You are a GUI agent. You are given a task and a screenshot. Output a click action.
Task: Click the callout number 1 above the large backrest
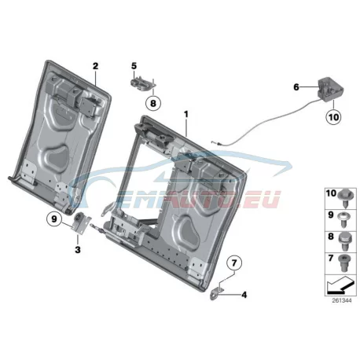186,115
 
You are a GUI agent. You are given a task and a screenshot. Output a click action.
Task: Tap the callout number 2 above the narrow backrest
95,66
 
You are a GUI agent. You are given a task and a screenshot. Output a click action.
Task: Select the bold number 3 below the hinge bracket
78,250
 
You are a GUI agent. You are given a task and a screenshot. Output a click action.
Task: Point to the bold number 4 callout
244,295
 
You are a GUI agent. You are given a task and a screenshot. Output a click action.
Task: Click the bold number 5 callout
134,66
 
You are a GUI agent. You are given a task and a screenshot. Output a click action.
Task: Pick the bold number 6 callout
296,87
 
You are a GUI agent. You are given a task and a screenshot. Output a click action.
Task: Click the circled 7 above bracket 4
234,263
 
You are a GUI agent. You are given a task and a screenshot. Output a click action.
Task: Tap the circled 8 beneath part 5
153,103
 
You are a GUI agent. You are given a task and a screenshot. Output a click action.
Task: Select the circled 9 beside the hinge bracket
54,219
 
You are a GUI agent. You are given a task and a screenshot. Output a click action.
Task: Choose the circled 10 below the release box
334,117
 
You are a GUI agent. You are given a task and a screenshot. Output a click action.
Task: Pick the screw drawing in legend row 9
344,219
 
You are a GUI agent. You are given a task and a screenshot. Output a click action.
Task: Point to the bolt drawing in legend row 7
343,263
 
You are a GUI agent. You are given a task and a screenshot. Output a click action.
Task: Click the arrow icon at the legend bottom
340,285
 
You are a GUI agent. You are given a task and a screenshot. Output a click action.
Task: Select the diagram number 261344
342,300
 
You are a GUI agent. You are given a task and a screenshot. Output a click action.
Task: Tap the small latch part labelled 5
142,83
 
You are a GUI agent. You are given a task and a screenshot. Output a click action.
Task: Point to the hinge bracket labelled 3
81,222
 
